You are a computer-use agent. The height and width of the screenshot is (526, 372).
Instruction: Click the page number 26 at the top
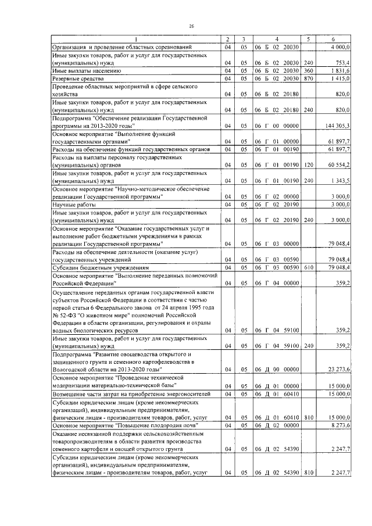(x=191, y=26)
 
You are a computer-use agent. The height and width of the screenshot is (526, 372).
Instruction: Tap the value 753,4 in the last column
(x=342, y=63)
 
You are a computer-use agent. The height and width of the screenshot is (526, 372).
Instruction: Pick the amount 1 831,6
(x=340, y=70)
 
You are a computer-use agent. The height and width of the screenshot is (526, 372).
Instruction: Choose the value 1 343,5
(x=340, y=181)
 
